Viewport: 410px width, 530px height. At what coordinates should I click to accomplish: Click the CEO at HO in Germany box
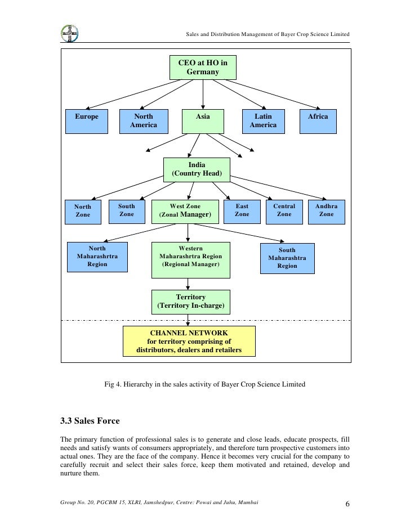click(x=203, y=68)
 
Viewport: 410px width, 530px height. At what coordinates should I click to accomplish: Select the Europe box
click(x=87, y=121)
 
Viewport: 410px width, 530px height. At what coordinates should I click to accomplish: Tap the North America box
click(x=144, y=121)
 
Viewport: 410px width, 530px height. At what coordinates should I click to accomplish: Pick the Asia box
click(x=203, y=121)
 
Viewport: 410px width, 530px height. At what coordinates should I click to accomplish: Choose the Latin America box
click(x=263, y=121)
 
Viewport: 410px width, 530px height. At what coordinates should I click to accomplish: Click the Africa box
click(x=318, y=121)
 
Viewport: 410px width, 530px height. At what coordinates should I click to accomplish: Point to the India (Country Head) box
click(x=197, y=169)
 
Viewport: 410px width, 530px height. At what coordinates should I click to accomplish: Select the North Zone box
click(x=83, y=211)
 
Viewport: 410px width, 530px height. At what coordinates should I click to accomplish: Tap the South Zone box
click(x=127, y=210)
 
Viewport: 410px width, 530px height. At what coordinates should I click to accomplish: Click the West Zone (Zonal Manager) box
click(x=185, y=211)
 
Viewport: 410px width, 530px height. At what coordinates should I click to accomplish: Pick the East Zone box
click(x=242, y=210)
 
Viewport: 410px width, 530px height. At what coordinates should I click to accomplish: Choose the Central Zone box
click(x=284, y=210)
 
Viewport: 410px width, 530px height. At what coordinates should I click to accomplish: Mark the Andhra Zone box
click(x=327, y=210)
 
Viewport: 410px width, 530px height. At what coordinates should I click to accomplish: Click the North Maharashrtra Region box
click(x=97, y=257)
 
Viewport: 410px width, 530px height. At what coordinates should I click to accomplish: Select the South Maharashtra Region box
click(x=287, y=258)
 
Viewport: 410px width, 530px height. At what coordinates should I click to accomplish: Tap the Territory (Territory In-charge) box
click(x=191, y=302)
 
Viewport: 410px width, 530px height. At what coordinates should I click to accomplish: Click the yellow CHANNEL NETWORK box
click(x=189, y=342)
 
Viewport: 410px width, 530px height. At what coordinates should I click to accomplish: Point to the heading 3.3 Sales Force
click(x=90, y=420)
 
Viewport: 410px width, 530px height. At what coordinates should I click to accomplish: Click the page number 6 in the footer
click(x=347, y=504)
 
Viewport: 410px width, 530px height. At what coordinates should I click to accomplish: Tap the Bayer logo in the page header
click(x=70, y=33)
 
